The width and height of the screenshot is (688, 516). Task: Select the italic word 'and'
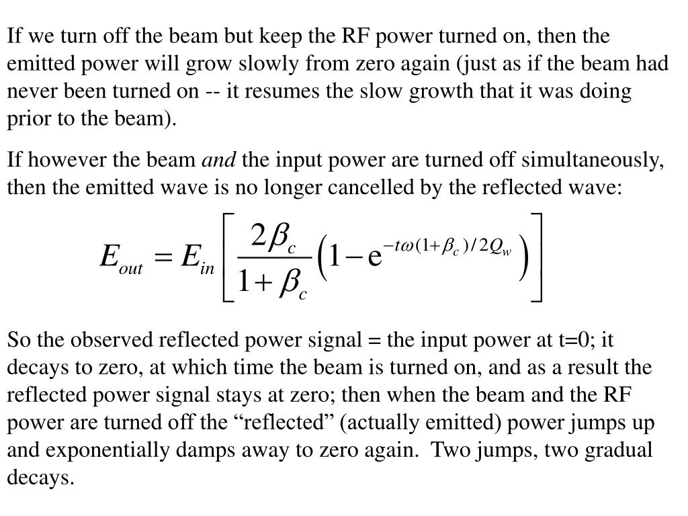click(x=220, y=161)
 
